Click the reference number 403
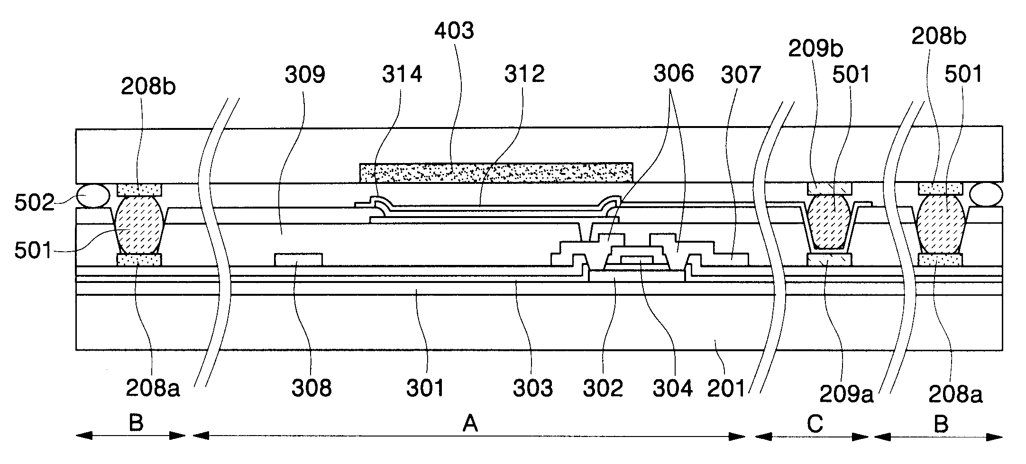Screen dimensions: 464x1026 (x=454, y=31)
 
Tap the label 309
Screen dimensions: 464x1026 (x=305, y=74)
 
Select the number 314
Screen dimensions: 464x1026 (x=402, y=74)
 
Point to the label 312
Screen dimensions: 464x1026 (x=524, y=74)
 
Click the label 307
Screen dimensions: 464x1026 (x=741, y=74)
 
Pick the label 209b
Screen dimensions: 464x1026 (x=815, y=49)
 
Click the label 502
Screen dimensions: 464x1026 (x=34, y=202)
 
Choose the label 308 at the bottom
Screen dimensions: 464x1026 (x=311, y=388)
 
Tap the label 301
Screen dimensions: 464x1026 (x=425, y=388)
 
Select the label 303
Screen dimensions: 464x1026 (x=533, y=388)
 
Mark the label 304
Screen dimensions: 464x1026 (x=673, y=388)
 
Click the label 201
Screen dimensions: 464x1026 (x=726, y=388)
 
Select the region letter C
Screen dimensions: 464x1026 (x=815, y=424)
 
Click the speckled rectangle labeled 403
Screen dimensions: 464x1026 (x=496, y=173)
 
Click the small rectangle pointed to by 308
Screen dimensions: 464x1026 (x=298, y=260)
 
